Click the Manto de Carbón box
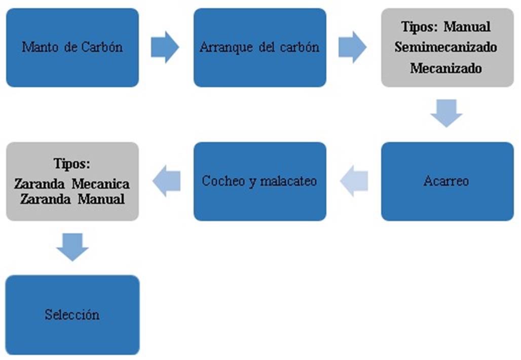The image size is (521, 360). coord(72,48)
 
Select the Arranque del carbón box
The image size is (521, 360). coord(260,48)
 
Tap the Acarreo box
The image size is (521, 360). coord(447,182)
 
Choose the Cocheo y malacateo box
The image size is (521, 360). coord(260,182)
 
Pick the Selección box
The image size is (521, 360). coord(72,315)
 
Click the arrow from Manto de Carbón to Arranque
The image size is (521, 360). coord(165,47)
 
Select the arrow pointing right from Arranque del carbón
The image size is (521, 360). coord(353,47)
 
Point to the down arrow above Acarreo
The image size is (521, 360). coord(446,113)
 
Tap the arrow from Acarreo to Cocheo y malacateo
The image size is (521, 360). coord(354,181)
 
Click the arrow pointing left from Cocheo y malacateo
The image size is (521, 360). coord(166,181)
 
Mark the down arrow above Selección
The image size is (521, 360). coord(72,247)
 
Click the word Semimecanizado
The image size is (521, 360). coord(446,47)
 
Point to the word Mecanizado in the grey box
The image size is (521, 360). coord(446,68)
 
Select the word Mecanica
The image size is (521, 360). coord(101,184)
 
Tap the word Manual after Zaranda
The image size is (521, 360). coord(101,199)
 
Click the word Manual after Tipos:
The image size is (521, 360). coord(467,26)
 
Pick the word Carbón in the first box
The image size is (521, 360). coord(102,47)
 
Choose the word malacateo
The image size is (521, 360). coord(288,181)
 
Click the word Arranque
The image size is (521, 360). coord(226,48)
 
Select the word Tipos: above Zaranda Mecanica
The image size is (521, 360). coord(72,164)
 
